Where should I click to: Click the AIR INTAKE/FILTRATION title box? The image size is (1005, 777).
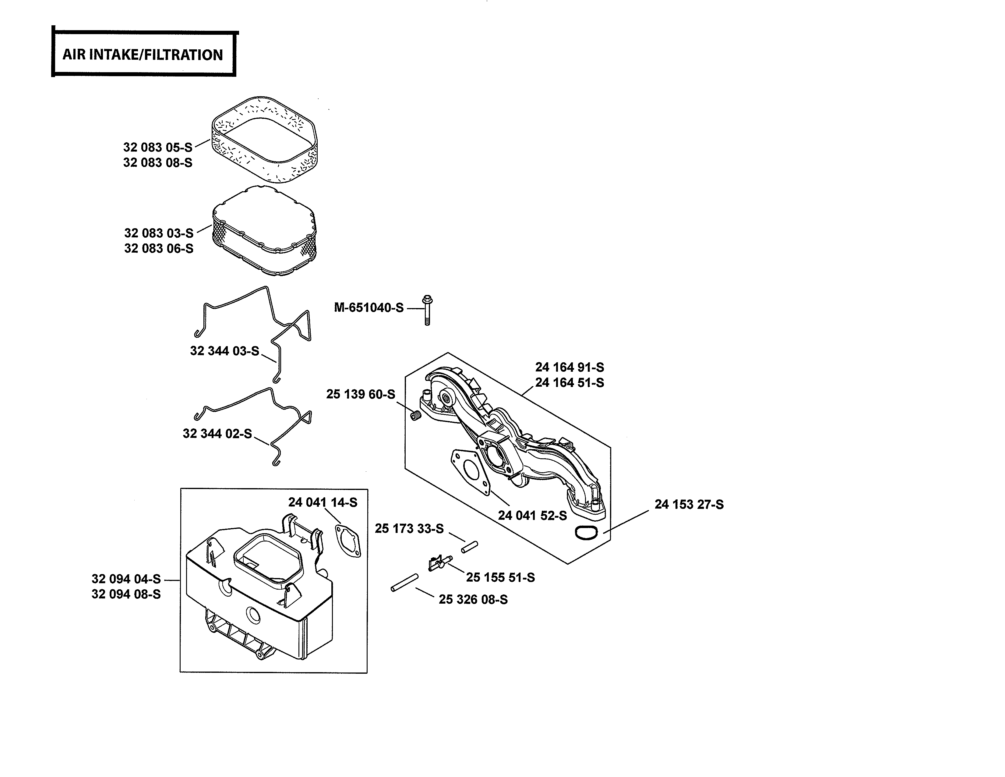[x=143, y=54]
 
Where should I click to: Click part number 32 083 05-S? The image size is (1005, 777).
[x=158, y=147]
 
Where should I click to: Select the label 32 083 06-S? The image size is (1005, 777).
[x=159, y=249]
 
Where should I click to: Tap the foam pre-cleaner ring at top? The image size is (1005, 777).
[x=265, y=138]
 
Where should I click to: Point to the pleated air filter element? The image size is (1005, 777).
[x=265, y=230]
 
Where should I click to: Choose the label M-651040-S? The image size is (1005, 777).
[x=368, y=307]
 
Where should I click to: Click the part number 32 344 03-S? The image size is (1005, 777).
[x=224, y=351]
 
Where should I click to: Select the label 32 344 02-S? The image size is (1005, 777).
[x=217, y=434]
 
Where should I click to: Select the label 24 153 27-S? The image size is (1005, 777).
[x=689, y=505]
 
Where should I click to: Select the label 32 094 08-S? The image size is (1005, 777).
[x=126, y=594]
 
